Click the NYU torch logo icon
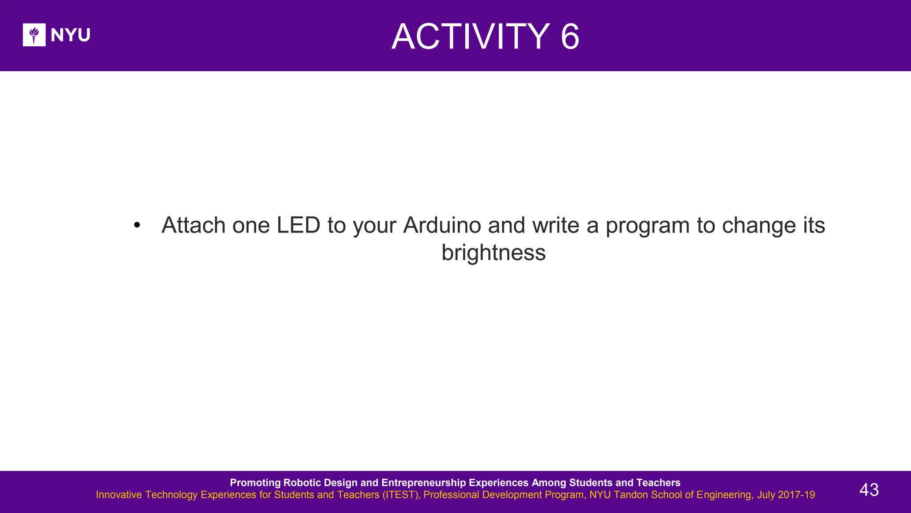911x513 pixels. point(34,35)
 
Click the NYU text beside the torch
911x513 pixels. point(70,35)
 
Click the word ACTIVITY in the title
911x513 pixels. point(471,37)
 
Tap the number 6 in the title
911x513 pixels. point(570,37)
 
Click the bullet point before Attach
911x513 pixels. point(137,226)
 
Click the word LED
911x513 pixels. point(298,225)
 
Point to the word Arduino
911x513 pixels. point(442,225)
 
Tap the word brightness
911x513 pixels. point(493,253)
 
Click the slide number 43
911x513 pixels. point(869,490)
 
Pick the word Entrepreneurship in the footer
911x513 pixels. point(423,483)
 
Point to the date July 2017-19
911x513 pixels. point(786,495)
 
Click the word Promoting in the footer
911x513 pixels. point(255,483)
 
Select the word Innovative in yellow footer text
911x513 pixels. point(119,495)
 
